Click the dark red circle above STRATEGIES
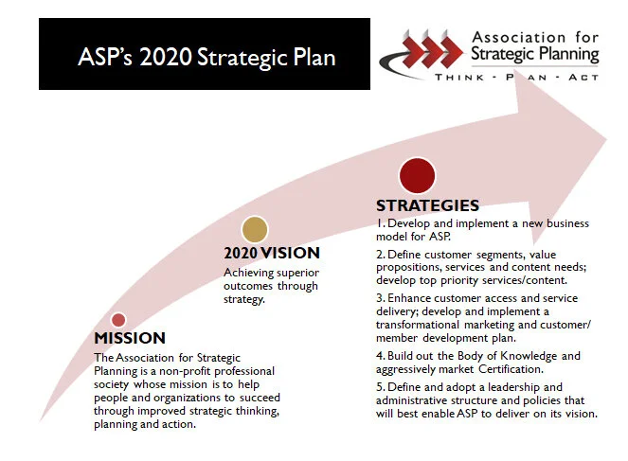click(x=417, y=176)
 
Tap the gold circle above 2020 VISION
click(x=255, y=229)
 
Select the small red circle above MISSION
click(x=118, y=320)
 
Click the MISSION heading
click(x=130, y=338)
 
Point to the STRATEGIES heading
click(x=427, y=205)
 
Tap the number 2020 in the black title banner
click(x=166, y=57)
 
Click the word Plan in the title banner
click(x=314, y=57)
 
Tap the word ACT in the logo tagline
click(x=583, y=78)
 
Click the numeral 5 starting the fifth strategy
click(x=379, y=387)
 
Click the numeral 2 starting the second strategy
click(x=379, y=255)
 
